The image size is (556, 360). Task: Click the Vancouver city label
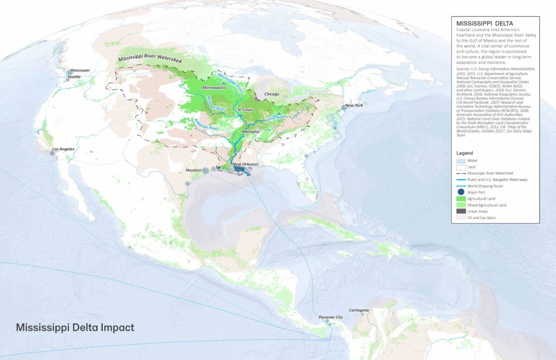(80, 70)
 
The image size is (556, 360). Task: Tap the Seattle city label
(74, 77)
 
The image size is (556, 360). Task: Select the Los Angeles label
(63, 149)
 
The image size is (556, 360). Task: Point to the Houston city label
(193, 170)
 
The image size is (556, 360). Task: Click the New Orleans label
(244, 164)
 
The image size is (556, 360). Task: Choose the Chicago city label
(271, 94)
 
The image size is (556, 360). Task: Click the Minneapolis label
(214, 87)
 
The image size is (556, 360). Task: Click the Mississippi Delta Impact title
(75, 328)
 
